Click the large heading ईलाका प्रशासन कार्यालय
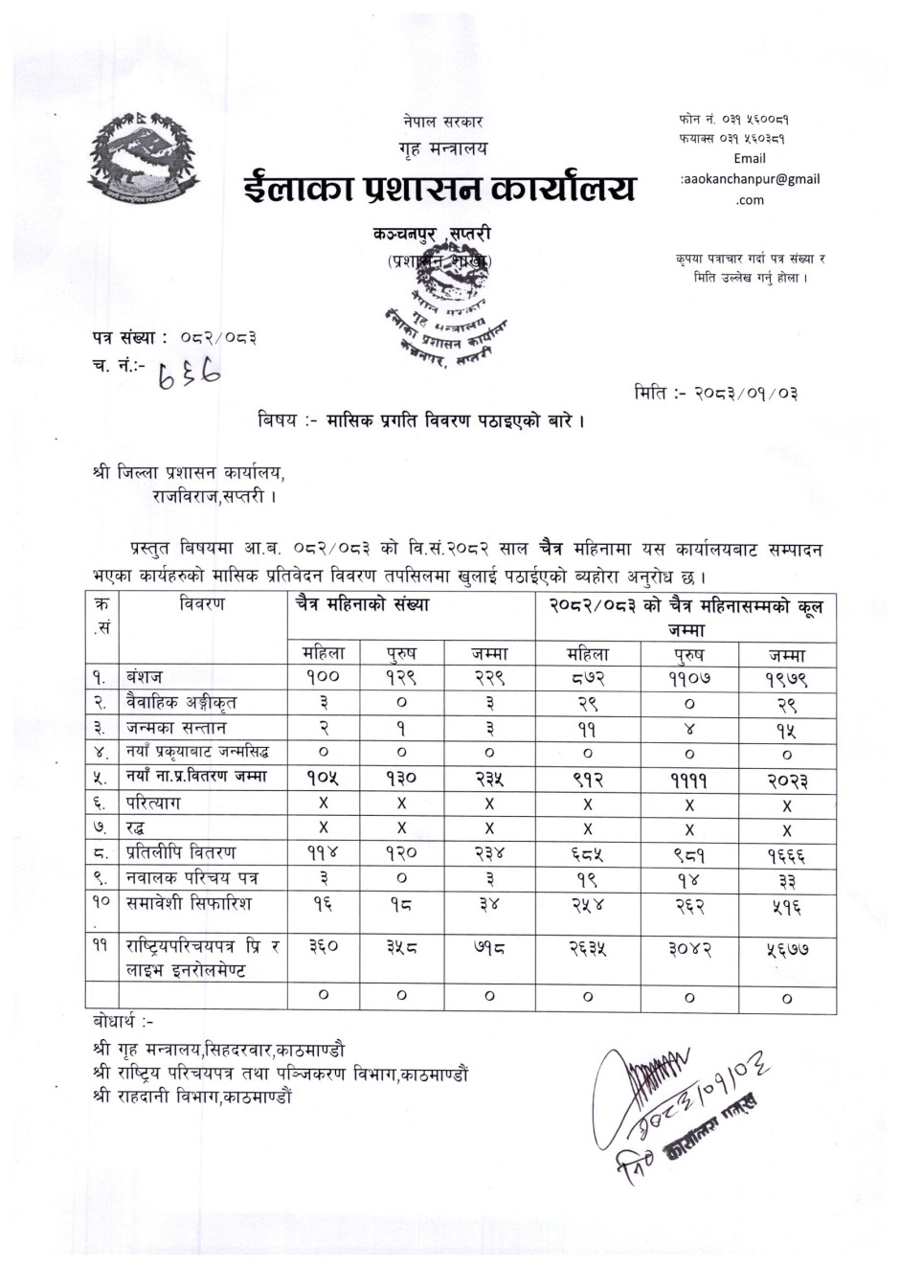pos(439,188)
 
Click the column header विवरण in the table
pos(201,604)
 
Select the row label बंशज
pos(145,677)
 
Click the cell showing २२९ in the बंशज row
pos(489,677)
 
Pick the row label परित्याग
pos(155,803)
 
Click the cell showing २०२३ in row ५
pos(786,779)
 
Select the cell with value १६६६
pos(786,853)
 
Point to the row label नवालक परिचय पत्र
pos(191,877)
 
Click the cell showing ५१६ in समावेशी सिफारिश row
pos(786,903)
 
